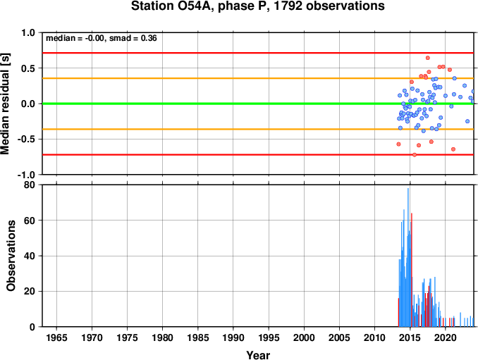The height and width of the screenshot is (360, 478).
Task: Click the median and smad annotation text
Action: pos(102,38)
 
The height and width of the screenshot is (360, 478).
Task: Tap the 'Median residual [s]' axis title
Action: pos(5,104)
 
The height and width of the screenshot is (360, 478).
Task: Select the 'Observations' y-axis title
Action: pos(11,256)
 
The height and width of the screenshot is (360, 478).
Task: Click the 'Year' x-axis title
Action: pos(258,355)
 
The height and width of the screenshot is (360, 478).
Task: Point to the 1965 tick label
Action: pos(56,337)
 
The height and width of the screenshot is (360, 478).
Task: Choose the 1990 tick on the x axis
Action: pos(233,337)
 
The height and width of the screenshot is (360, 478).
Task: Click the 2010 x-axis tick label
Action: pos(374,337)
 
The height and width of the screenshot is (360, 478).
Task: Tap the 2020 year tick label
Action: pos(446,337)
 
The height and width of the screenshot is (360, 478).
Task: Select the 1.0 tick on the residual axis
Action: pos(28,32)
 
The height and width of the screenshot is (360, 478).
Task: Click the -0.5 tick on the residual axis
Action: pos(27,139)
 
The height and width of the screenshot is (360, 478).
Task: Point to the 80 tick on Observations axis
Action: pos(30,185)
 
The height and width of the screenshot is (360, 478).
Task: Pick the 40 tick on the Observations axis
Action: pos(30,256)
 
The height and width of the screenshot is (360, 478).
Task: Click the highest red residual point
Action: pos(428,58)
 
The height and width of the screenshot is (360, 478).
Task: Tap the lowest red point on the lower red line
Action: pos(415,155)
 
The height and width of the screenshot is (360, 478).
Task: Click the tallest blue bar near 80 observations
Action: pos(408,257)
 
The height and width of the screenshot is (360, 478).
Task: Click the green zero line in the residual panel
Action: pos(258,104)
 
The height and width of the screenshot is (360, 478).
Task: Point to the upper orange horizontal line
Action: pos(258,78)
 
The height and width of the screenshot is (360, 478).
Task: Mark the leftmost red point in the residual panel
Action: pos(398,144)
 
